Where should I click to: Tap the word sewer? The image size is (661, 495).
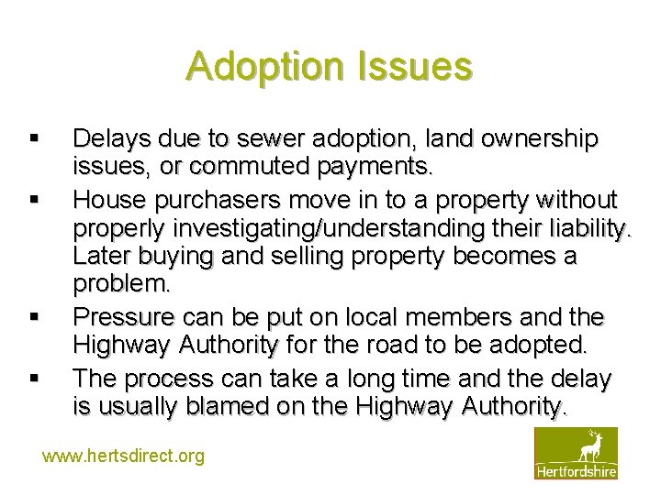tap(266, 139)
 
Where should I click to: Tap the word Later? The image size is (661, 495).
tap(102, 258)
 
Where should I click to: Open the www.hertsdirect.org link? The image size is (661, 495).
tap(124, 456)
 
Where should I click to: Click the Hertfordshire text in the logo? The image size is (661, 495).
tap(577, 471)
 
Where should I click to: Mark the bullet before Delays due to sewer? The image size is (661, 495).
tap(33, 139)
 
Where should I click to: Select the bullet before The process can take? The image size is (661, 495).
tap(33, 377)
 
